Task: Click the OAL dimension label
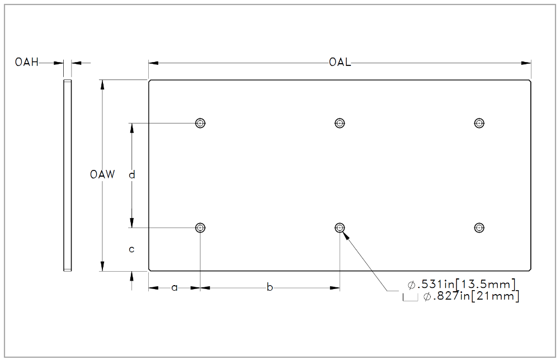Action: pyautogui.click(x=340, y=63)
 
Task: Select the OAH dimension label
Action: pyautogui.click(x=27, y=62)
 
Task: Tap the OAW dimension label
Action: pyautogui.click(x=102, y=174)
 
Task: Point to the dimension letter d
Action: pyautogui.click(x=132, y=174)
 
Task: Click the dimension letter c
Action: pyautogui.click(x=131, y=249)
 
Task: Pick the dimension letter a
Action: pyautogui.click(x=175, y=287)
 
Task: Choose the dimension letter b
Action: pyautogui.click(x=270, y=287)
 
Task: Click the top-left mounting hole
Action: pyautogui.click(x=200, y=123)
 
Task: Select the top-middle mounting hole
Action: pyautogui.click(x=340, y=123)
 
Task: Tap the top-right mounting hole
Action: pyautogui.click(x=479, y=123)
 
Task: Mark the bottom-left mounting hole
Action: pyautogui.click(x=200, y=228)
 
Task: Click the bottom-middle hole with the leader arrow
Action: pyautogui.click(x=340, y=228)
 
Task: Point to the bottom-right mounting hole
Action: pyautogui.click(x=479, y=228)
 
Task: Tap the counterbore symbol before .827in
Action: pyautogui.click(x=411, y=297)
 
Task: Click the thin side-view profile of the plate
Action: pyautogui.click(x=68, y=175)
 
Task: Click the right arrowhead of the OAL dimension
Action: pyautogui.click(x=526, y=63)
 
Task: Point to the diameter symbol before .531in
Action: pyautogui.click(x=411, y=285)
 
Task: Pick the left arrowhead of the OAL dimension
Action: pyautogui.click(x=154, y=63)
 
